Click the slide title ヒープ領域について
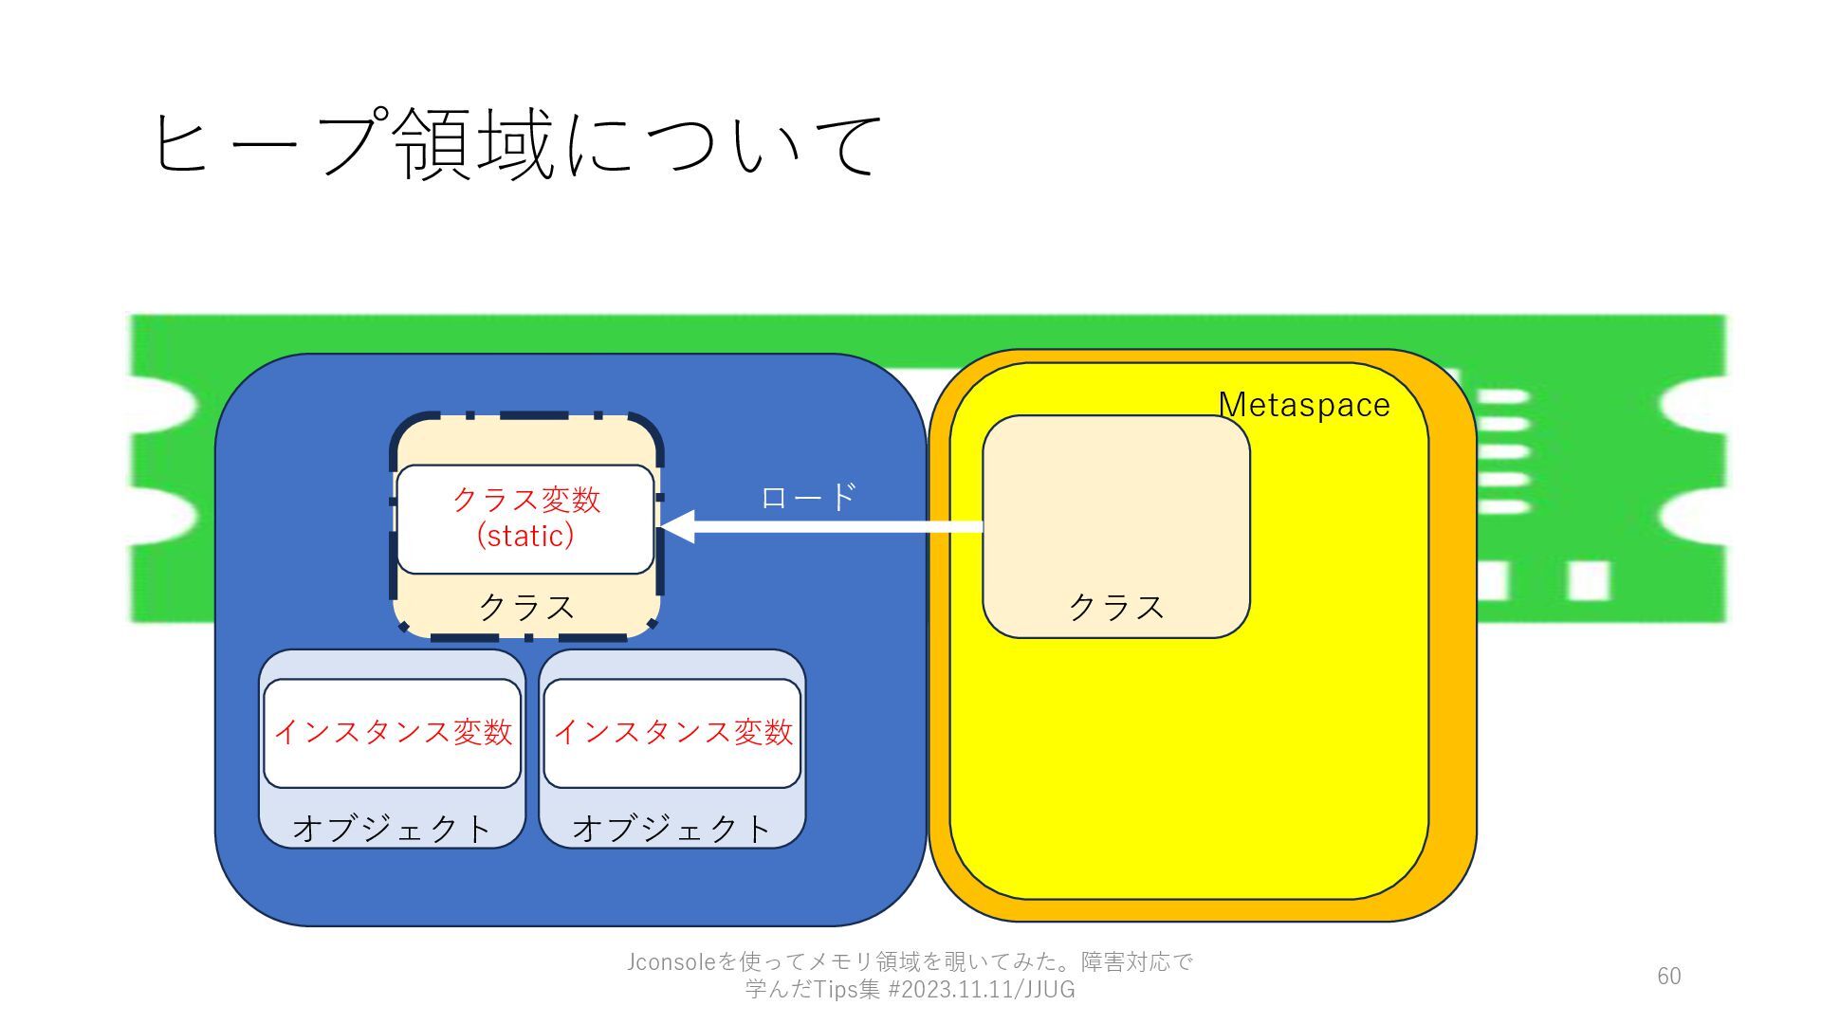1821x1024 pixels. [x=517, y=144]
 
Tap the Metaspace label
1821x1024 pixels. [x=1303, y=405]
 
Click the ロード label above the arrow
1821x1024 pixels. [x=808, y=496]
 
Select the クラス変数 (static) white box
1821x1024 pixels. [x=525, y=519]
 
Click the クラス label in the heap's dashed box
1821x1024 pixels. [x=526, y=607]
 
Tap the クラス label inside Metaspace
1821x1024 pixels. [x=1116, y=607]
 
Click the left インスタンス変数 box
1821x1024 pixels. [x=392, y=732]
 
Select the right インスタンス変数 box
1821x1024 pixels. [x=672, y=732]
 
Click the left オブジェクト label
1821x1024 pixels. [x=392, y=829]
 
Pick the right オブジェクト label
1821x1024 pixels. [x=672, y=829]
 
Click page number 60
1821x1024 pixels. [x=1668, y=976]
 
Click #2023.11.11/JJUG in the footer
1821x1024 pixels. [x=981, y=990]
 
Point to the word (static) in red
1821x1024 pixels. [x=525, y=536]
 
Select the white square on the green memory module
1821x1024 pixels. [x=1588, y=580]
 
